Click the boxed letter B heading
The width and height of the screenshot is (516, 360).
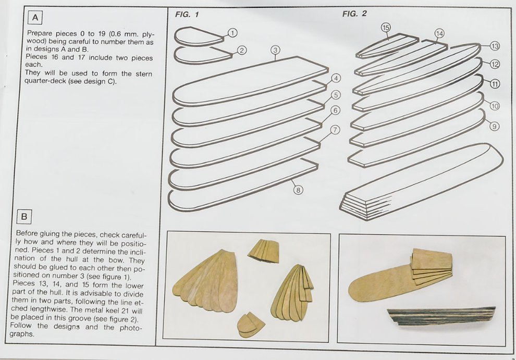coord(24,217)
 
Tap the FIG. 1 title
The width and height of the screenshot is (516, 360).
coord(187,15)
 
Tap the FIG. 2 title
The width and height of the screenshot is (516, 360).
coord(354,14)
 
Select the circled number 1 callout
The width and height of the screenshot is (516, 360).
coord(232,33)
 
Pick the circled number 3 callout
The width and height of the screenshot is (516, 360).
coord(275,51)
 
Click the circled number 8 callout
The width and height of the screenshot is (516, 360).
coord(298,190)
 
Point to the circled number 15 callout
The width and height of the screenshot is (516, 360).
coord(386,27)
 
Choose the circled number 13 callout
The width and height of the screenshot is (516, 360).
coord(495,46)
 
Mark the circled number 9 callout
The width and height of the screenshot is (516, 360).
coord(494,126)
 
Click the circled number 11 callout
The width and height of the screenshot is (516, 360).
coord(495,84)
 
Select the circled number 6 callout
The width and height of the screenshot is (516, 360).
coord(335,110)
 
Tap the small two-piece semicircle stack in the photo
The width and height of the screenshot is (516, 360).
coord(251,325)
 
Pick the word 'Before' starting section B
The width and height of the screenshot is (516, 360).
coord(27,234)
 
